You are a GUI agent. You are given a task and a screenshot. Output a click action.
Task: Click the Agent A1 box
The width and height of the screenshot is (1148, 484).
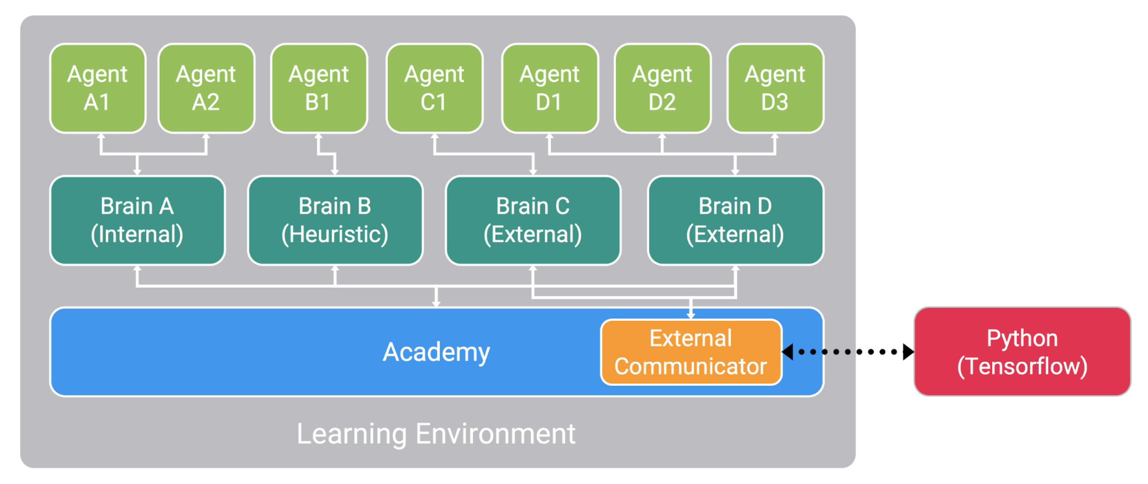[x=98, y=88]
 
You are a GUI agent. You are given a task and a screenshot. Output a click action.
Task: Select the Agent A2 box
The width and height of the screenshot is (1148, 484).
[x=206, y=88]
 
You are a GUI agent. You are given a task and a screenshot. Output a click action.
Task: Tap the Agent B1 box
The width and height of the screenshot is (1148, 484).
[x=319, y=88]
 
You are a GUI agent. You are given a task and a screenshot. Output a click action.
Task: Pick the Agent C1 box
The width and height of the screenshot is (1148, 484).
[x=434, y=88]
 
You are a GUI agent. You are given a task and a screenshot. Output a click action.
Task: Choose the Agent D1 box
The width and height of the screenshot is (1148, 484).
[x=550, y=88]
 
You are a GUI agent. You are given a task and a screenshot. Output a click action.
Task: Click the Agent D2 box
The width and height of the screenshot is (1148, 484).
[x=663, y=88]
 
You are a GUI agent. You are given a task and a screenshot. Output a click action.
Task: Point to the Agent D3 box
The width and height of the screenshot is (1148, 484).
[x=775, y=88]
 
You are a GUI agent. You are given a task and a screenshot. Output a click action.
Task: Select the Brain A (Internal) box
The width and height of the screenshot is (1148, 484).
[x=137, y=220]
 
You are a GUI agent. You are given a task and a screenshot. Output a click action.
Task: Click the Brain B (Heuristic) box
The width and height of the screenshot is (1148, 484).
[x=335, y=220]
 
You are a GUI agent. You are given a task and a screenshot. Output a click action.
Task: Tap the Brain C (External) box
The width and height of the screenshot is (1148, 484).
[x=533, y=220]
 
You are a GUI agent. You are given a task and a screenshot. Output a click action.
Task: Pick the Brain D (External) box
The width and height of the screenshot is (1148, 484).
[x=735, y=220]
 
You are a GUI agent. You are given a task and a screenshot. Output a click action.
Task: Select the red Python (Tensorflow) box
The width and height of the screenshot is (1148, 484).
[x=1022, y=352]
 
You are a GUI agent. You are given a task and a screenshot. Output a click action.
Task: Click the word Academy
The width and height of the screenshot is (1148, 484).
[x=436, y=352]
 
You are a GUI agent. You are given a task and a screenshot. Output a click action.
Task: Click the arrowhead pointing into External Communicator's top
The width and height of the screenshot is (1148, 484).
[x=691, y=315]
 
